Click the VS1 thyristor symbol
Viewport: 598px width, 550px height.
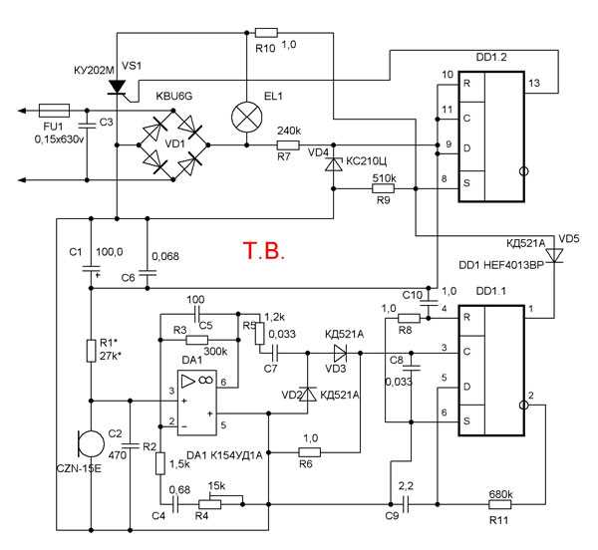[118, 88]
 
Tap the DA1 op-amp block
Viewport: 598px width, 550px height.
[197, 398]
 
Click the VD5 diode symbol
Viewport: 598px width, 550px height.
[555, 256]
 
